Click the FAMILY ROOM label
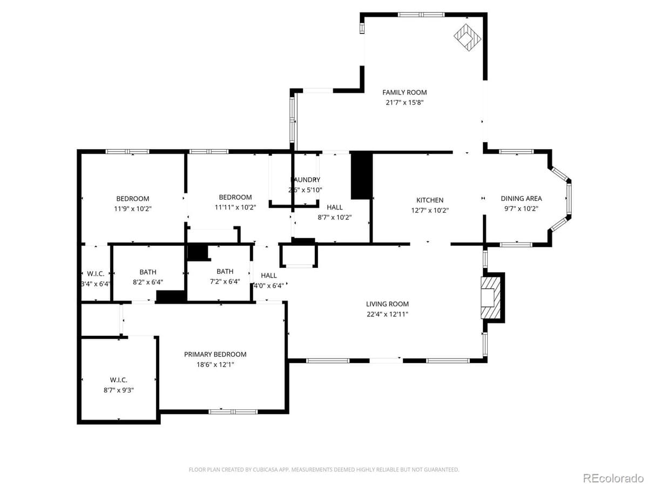coord(404,92)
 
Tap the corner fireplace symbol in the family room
coord(467,37)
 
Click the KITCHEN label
coord(429,200)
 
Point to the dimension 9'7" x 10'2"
coord(521,209)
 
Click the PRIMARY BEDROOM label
coord(215,354)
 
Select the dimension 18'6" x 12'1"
coord(215,364)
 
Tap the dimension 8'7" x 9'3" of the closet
coord(118,389)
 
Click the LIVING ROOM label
coord(387,304)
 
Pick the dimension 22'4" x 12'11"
coord(387,314)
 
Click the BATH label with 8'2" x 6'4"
coord(147,272)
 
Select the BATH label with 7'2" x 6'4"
coord(225,272)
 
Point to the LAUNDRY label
coord(306,180)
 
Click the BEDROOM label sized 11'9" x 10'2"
coord(132,198)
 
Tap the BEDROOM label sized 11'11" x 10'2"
coord(235,197)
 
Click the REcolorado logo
coord(613,477)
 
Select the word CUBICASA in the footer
coord(265,470)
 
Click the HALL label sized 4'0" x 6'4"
coord(268,275)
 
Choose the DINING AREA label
coord(521,198)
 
